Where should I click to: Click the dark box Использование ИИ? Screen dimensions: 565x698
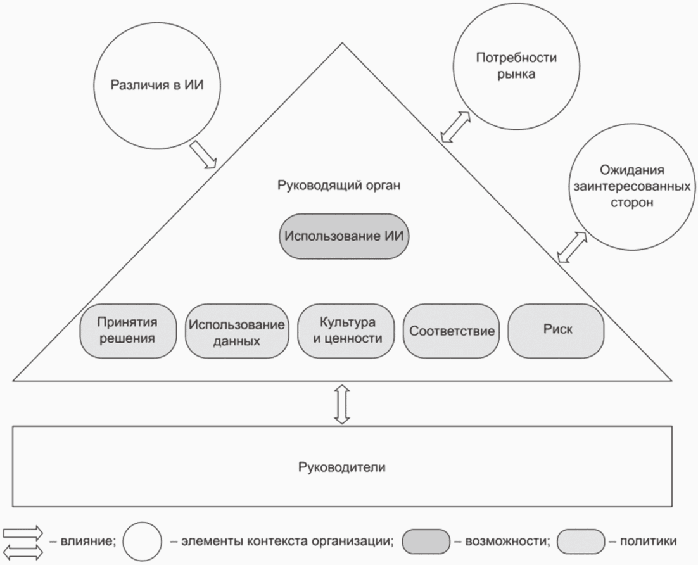(344, 236)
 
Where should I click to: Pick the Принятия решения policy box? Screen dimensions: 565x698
(127, 330)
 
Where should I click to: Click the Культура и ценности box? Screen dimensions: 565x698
(343, 330)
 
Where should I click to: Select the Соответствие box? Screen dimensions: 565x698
(451, 331)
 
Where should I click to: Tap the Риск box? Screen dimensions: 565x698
(557, 330)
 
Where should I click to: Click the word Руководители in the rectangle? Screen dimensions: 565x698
(342, 467)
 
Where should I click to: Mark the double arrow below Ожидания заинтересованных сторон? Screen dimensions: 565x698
(572, 246)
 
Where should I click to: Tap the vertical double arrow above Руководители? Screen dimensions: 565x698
(342, 403)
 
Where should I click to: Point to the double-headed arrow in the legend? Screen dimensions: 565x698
(23, 552)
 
